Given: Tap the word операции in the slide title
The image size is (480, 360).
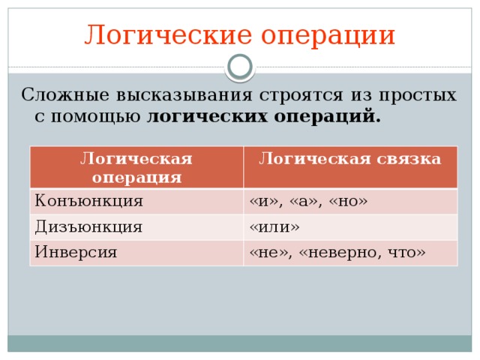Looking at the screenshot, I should pos(324,35).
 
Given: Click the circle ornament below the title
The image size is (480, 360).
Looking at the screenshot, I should pos(240,67).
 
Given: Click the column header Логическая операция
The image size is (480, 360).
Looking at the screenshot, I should pos(136,167).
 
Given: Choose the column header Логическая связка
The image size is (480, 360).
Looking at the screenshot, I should pos(349,158).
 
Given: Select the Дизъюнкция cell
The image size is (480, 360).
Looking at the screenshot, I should pos(89,226).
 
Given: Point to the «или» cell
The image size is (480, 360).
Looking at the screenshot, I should pos(274,226).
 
